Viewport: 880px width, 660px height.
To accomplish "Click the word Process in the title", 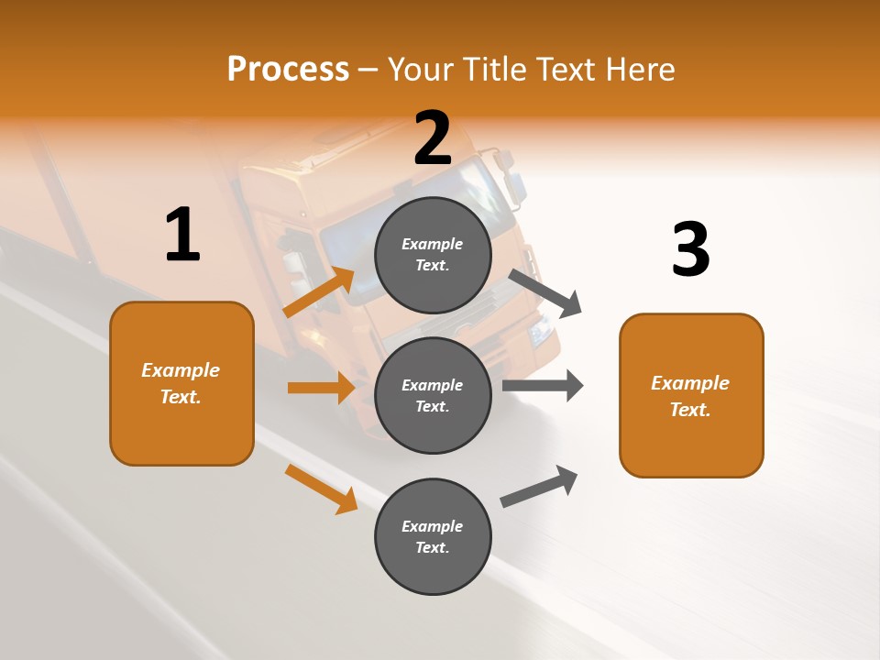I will coord(288,70).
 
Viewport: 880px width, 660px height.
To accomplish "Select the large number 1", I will coord(182,235).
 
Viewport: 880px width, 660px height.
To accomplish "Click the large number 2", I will coord(433,138).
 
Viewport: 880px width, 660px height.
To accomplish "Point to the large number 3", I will coord(690,249).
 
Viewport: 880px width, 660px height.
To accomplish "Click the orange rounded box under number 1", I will coord(181,383).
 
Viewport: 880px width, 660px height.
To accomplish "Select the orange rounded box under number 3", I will coord(691,395).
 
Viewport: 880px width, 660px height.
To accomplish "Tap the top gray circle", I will coord(433,255).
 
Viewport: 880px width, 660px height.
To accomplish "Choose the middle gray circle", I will coord(433,395).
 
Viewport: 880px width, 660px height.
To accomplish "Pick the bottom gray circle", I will coord(433,536).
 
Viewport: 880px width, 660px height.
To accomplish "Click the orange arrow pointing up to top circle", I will coord(319,292).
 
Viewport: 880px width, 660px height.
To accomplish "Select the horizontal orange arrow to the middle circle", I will coord(321,388).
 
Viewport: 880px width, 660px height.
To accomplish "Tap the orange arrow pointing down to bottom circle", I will coord(321,489).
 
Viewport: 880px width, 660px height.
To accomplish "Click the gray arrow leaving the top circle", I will coord(545,292).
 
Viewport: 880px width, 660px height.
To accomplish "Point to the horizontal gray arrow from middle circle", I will coord(543,385).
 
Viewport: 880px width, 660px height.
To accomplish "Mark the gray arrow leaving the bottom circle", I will coord(540,487).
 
